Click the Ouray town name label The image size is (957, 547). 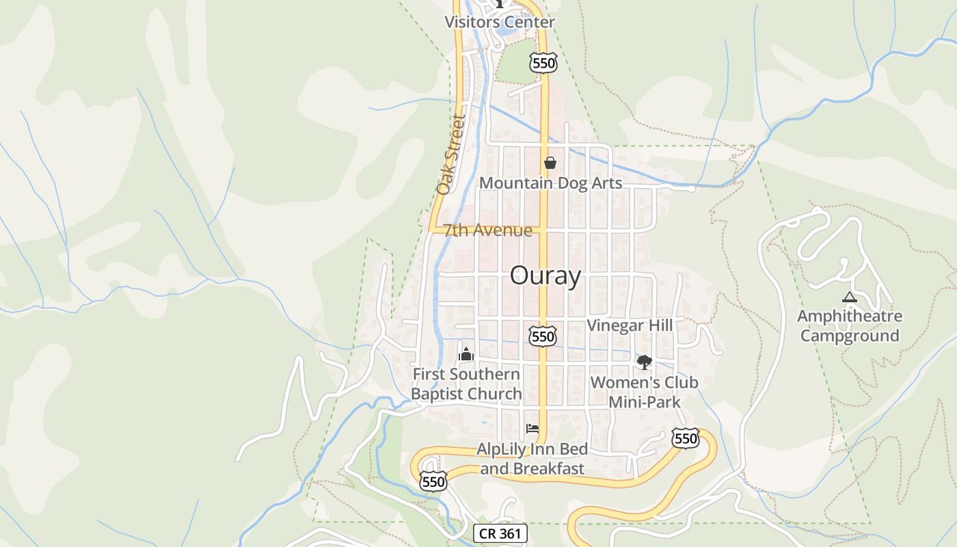[x=545, y=276]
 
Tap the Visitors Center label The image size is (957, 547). [x=500, y=22]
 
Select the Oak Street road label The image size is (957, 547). [x=452, y=155]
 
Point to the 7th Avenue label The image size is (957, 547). [x=487, y=230]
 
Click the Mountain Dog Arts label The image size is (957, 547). [x=550, y=183]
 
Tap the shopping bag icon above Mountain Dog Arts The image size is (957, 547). [x=550, y=163]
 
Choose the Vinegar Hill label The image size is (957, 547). [x=630, y=325]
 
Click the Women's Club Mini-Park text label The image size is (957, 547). [x=645, y=392]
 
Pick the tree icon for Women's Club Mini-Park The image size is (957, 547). [x=644, y=362]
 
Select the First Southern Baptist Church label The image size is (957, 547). [x=466, y=384]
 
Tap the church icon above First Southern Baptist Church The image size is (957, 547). [x=466, y=354]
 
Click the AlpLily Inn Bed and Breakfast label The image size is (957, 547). [x=532, y=459]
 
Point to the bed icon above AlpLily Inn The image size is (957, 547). [x=533, y=429]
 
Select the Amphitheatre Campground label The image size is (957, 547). [x=849, y=326]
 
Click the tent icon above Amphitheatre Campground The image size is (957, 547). [x=849, y=297]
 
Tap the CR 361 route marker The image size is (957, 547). [x=500, y=533]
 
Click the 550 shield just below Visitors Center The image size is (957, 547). [x=543, y=64]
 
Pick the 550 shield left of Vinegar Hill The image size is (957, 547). [x=543, y=336]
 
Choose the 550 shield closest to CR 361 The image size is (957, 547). [x=433, y=481]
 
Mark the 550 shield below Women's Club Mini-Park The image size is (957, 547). [x=685, y=438]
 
